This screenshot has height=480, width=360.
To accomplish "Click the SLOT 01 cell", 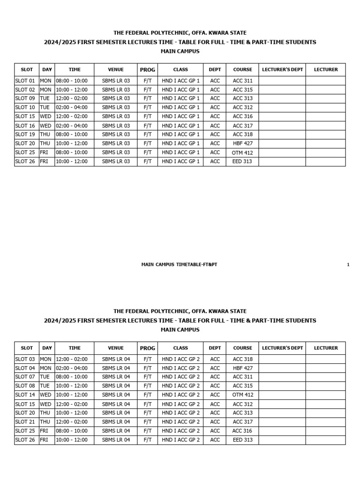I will click(25, 81).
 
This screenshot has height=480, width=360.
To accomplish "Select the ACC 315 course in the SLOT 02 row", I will click(242, 90).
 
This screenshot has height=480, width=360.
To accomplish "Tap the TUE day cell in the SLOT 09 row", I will click(45, 98).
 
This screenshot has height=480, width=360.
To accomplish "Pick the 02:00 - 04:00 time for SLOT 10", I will click(72, 107).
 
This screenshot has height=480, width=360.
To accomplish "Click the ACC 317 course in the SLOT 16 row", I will click(242, 126).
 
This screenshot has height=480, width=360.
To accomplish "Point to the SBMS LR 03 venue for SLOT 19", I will click(116, 135).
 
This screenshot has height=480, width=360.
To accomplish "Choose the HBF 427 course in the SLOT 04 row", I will click(242, 368).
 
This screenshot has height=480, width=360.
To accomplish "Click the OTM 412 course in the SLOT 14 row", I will click(242, 395).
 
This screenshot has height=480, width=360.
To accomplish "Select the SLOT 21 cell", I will click(25, 422).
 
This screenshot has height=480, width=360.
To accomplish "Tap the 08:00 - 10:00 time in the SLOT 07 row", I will click(72, 377).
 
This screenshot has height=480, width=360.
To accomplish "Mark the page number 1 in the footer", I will click(348, 265).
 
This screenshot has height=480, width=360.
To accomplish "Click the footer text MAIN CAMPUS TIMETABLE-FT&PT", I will click(179, 265).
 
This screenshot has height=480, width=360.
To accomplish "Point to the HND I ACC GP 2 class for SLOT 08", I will click(180, 386).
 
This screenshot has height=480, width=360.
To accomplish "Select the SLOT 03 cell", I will click(25, 359).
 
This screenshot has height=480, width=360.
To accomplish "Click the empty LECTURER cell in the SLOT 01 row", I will click(325, 81).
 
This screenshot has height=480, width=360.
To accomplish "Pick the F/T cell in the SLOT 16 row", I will click(147, 126).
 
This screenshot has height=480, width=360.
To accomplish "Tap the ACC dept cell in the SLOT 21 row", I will click(215, 422).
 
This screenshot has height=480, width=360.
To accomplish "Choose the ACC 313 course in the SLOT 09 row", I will click(242, 98).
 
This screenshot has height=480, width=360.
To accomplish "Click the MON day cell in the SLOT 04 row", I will click(45, 368).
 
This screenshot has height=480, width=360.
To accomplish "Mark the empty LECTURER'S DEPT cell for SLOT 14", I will click(282, 395).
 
